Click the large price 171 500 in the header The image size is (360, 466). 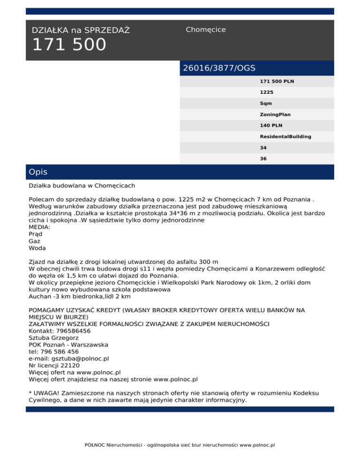[69, 45]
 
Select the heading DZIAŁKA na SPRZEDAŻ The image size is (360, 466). [81, 30]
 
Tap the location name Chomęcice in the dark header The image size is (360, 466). [205, 30]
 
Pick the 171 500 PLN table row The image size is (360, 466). [277, 82]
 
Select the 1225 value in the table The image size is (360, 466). [267, 92]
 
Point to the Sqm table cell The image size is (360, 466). [266, 103]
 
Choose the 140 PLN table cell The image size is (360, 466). [271, 125]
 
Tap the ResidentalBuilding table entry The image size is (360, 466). [285, 136]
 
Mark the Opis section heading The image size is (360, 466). [38, 172]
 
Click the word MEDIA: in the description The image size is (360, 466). [39, 227]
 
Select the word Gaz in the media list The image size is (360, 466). [34, 241]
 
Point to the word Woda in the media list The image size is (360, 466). [37, 248]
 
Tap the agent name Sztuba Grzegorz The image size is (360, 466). [53, 338]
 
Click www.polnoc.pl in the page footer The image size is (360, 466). [257, 444]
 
